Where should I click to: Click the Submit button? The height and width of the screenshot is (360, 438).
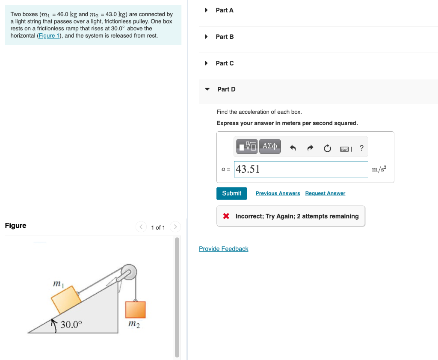[x=231, y=193]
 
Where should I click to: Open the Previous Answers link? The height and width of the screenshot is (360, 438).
[x=278, y=193]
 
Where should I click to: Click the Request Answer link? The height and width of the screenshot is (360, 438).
[x=325, y=193]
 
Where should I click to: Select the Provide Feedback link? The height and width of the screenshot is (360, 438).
[x=223, y=249]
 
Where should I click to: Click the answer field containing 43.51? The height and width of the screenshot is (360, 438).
[x=301, y=169]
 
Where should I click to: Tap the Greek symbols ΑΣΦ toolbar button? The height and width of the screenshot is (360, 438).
[x=269, y=147]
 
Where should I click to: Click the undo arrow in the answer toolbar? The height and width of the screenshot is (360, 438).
[x=293, y=148]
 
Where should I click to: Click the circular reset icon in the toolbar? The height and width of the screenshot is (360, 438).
[x=327, y=148]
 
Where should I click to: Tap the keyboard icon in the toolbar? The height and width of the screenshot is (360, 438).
[x=346, y=149]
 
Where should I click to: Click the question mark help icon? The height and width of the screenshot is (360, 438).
[x=362, y=148]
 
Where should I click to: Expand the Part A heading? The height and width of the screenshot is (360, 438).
[x=225, y=10]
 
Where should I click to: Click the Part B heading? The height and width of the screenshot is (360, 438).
[x=225, y=37]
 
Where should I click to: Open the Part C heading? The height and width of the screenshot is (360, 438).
[x=225, y=63]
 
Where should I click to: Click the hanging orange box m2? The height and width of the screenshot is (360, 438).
[x=135, y=310]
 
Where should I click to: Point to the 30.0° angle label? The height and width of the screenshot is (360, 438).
[x=71, y=324]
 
